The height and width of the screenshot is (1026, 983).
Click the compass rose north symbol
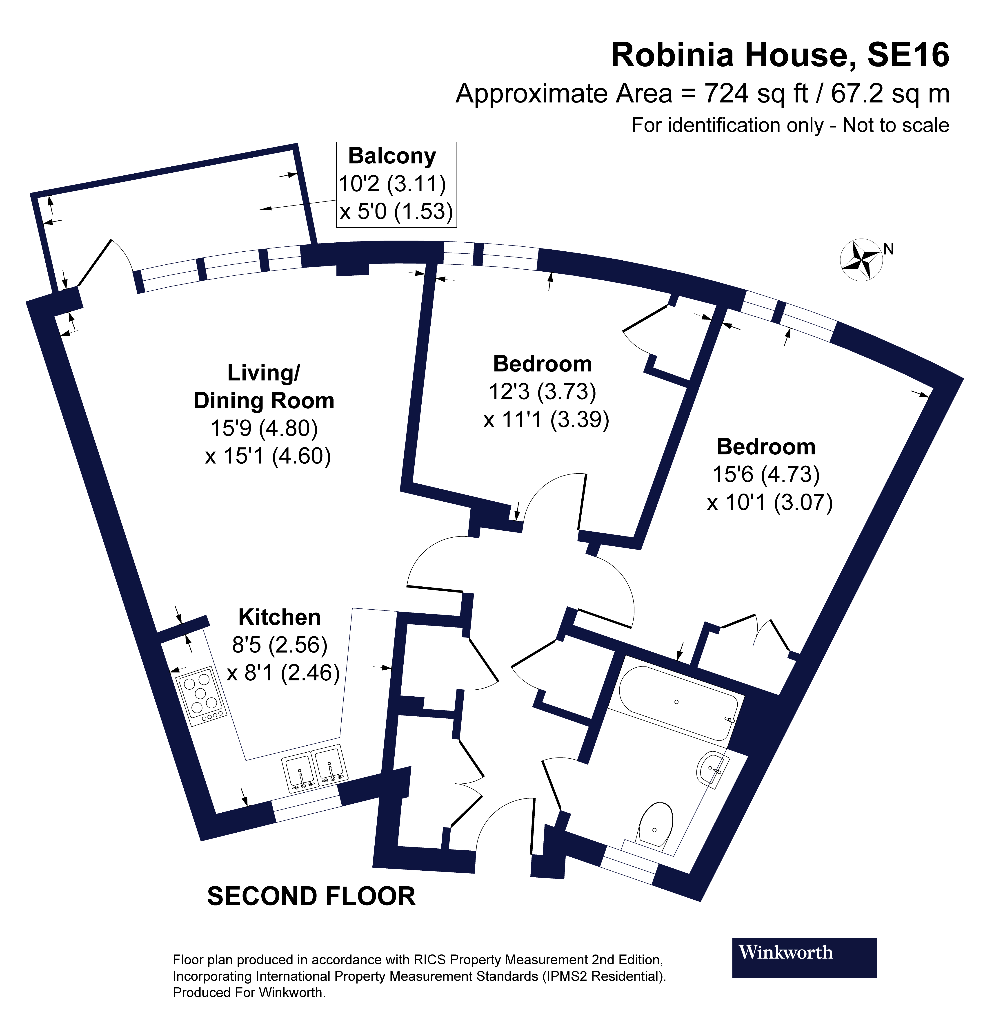(x=861, y=259)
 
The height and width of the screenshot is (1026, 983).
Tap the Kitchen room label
(x=279, y=617)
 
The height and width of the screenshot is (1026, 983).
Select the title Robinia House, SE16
(x=779, y=55)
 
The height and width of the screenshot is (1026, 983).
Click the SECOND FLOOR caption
(x=311, y=896)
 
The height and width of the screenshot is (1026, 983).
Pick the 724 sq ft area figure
(x=756, y=94)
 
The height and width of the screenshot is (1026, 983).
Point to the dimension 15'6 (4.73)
(x=766, y=474)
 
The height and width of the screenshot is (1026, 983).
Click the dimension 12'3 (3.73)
(x=543, y=391)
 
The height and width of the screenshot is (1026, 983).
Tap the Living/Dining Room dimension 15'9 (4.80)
(x=264, y=428)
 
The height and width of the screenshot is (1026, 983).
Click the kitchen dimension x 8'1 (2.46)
(x=283, y=673)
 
